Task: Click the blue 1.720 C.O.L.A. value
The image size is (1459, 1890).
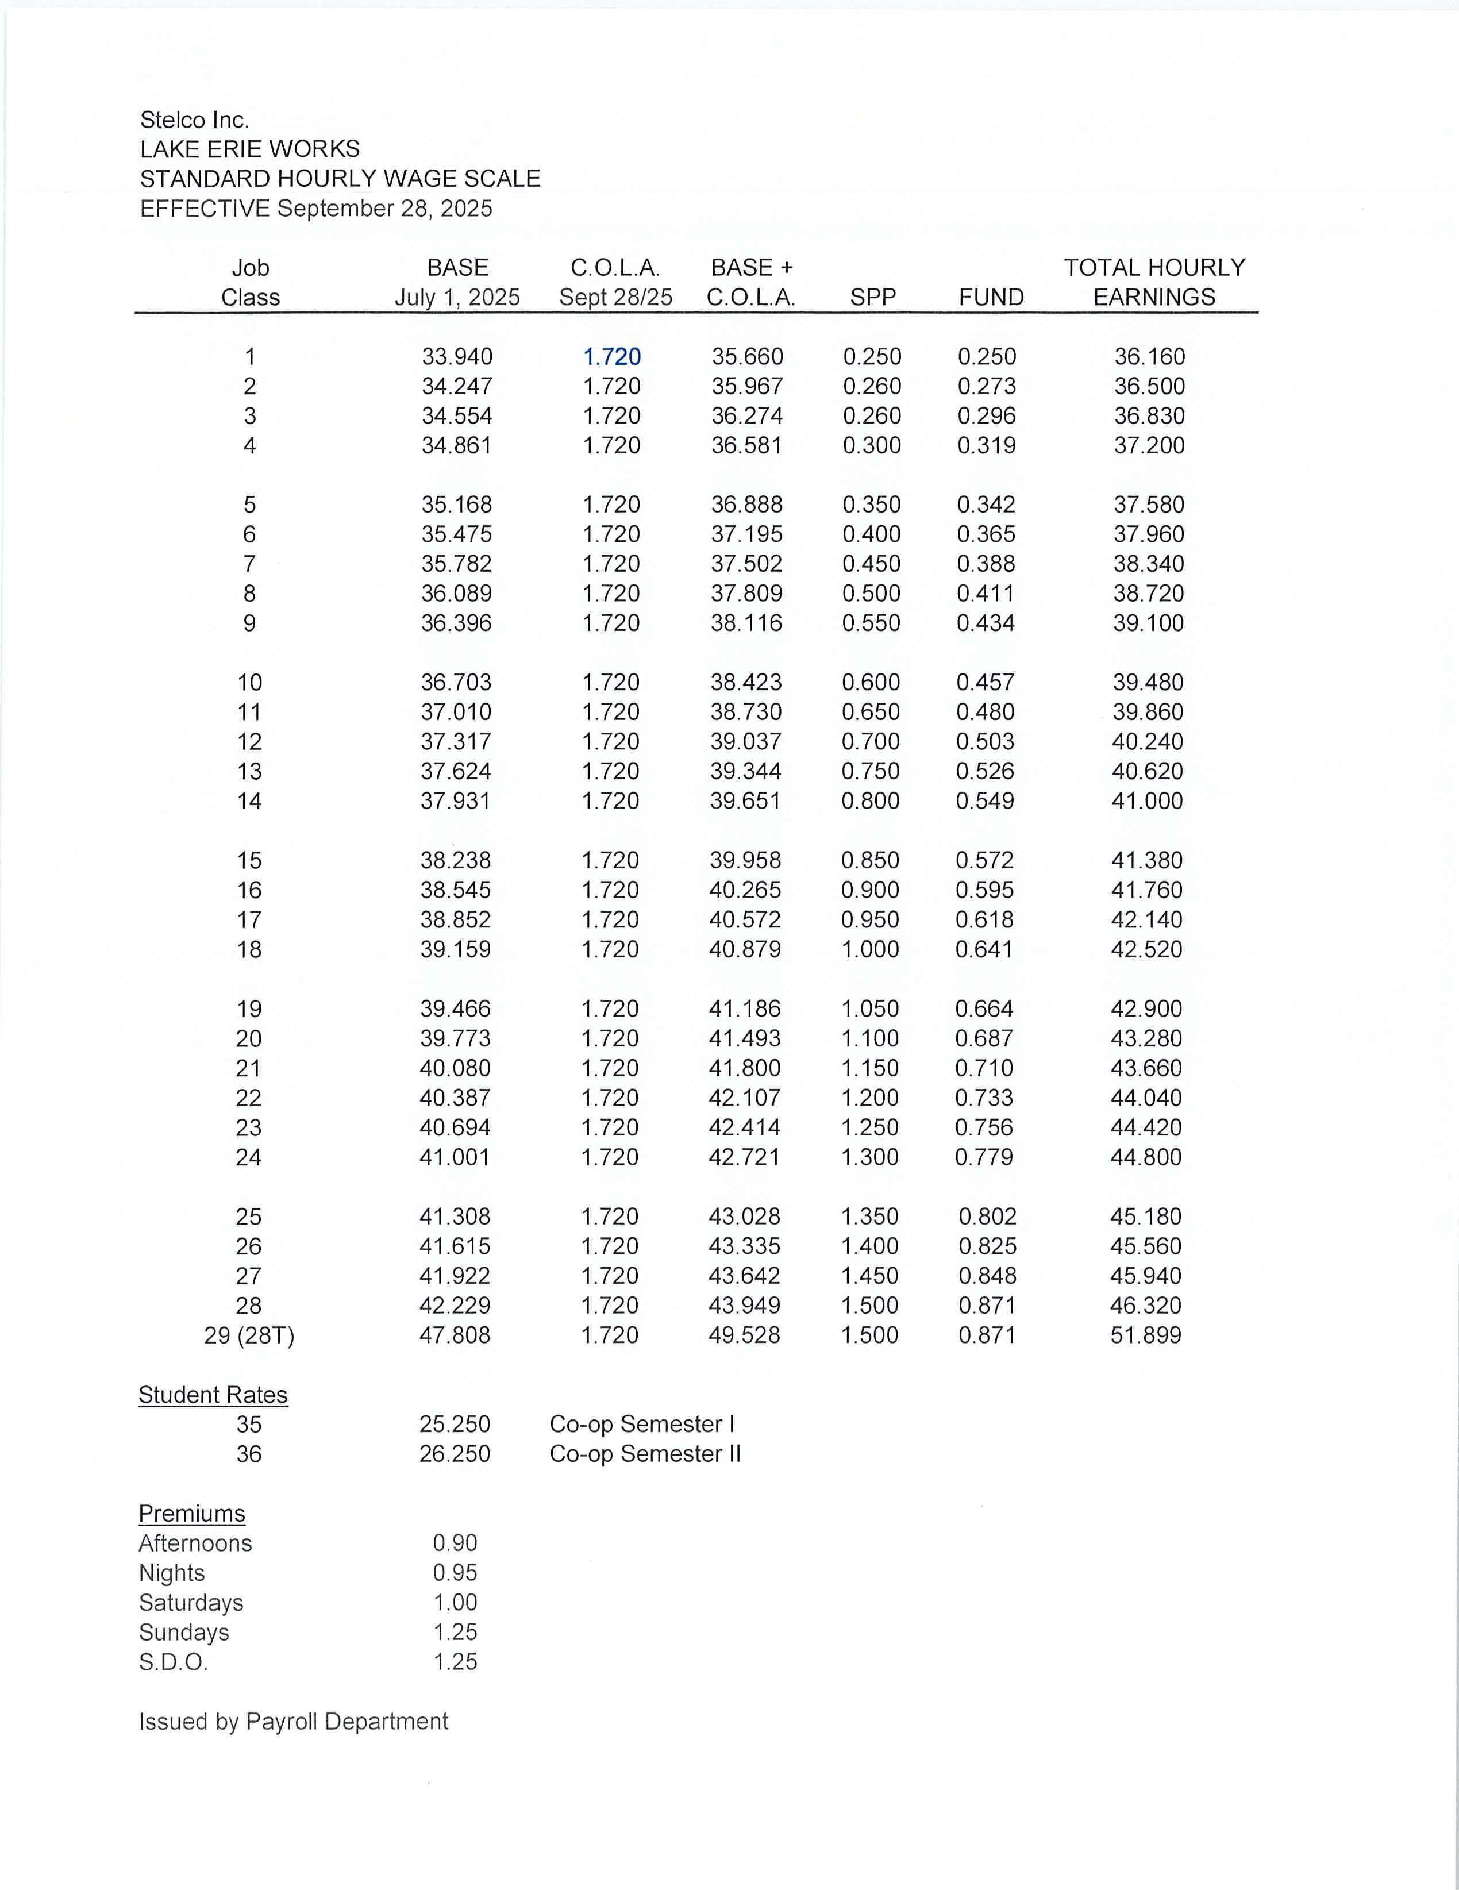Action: (612, 356)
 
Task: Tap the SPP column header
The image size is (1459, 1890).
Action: (872, 298)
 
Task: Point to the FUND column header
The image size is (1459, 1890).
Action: (991, 298)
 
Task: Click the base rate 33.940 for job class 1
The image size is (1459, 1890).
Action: (457, 356)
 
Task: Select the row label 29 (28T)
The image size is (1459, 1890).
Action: (249, 1335)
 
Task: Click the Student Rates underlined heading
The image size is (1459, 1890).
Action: (213, 1395)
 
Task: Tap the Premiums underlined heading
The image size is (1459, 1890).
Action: (192, 1514)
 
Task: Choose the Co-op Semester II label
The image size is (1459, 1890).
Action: (645, 1454)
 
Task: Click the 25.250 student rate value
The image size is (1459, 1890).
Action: (455, 1425)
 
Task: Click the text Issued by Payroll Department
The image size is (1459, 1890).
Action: (294, 1721)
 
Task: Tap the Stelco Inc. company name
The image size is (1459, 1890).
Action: (195, 120)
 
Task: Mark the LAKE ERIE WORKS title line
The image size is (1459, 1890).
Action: (250, 149)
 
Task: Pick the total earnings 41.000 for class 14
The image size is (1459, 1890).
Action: (1146, 800)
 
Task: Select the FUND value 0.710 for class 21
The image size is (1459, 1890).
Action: (984, 1068)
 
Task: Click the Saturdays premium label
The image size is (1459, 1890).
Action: (191, 1603)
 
